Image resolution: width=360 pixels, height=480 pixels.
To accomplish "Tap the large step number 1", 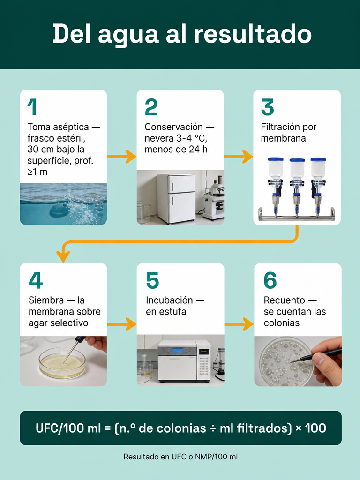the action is tap(32, 107).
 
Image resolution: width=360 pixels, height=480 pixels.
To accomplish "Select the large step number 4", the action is tap(36, 280).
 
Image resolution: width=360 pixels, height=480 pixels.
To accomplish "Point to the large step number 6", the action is tap(270, 280).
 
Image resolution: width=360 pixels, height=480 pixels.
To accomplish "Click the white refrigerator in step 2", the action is tap(176, 198).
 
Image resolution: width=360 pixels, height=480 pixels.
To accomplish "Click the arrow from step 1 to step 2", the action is tap(121, 157).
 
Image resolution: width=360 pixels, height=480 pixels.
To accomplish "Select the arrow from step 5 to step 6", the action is tap(239, 324).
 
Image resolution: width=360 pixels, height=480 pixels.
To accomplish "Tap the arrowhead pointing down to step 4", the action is tap(63, 256).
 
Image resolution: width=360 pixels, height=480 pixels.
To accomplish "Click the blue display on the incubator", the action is tap(177, 350).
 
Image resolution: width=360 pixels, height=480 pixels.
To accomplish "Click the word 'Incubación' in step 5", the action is tap(169, 300).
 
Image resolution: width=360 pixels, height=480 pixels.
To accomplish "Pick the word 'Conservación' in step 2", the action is tap(173, 127).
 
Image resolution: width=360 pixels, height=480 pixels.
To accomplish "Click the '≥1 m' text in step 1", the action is tap(37, 172).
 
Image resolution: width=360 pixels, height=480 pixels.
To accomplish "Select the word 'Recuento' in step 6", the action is tap(285, 300).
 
